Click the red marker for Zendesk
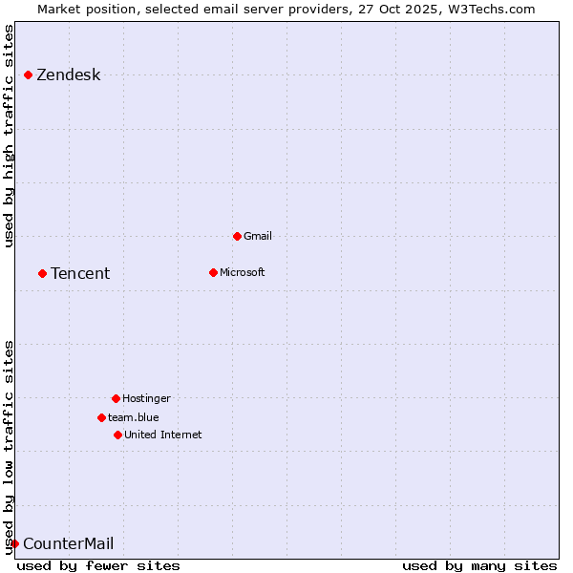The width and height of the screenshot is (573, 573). click(29, 74)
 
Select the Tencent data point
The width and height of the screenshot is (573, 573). click(43, 273)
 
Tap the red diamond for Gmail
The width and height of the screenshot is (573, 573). click(238, 236)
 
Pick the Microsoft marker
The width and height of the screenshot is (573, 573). click(214, 272)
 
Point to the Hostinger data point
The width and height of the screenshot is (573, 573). click(116, 398)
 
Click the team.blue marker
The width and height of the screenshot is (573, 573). click(101, 417)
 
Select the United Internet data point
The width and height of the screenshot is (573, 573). click(117, 435)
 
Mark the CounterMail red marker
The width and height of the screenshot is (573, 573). click(14, 543)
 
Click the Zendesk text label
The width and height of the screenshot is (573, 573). click(68, 75)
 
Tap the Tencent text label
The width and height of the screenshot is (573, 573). click(80, 274)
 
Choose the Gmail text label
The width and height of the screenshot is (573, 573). click(258, 236)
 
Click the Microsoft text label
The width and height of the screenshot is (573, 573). click(243, 272)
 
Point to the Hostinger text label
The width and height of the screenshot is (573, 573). click(146, 398)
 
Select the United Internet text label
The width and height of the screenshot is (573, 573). click(162, 435)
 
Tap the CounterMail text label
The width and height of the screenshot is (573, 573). click(68, 544)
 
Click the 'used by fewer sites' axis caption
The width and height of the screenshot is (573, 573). click(98, 565)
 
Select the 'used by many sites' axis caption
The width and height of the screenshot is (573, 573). click(479, 565)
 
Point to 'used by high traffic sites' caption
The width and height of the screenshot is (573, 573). click(10, 136)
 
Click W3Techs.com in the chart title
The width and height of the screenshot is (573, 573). click(488, 10)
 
